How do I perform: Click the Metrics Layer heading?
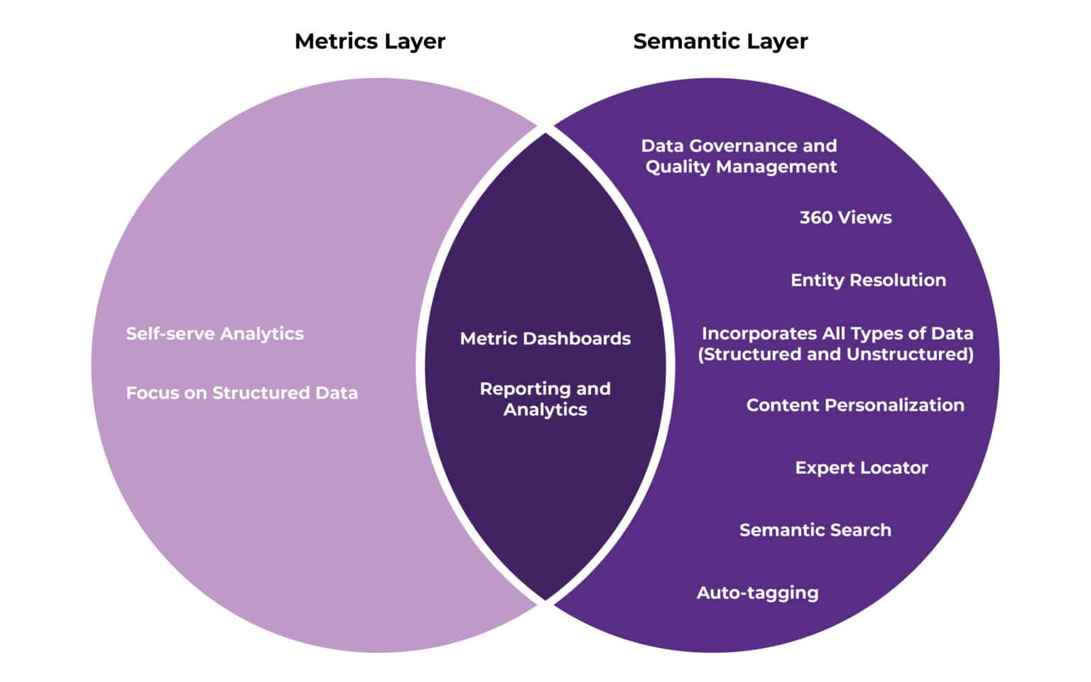(x=369, y=41)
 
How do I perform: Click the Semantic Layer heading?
(x=720, y=41)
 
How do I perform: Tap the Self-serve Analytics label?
(x=215, y=333)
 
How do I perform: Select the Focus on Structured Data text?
(x=241, y=393)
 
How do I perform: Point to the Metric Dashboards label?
(x=545, y=338)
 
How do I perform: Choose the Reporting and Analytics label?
(x=545, y=399)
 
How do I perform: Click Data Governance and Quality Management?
(x=739, y=156)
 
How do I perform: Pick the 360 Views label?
(x=845, y=217)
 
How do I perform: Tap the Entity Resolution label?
(x=868, y=280)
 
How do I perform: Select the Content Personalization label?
(x=855, y=405)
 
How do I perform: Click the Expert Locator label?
(x=861, y=467)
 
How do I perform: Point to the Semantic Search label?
(x=815, y=530)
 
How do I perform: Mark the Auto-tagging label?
(x=757, y=592)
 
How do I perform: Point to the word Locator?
(x=893, y=467)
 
